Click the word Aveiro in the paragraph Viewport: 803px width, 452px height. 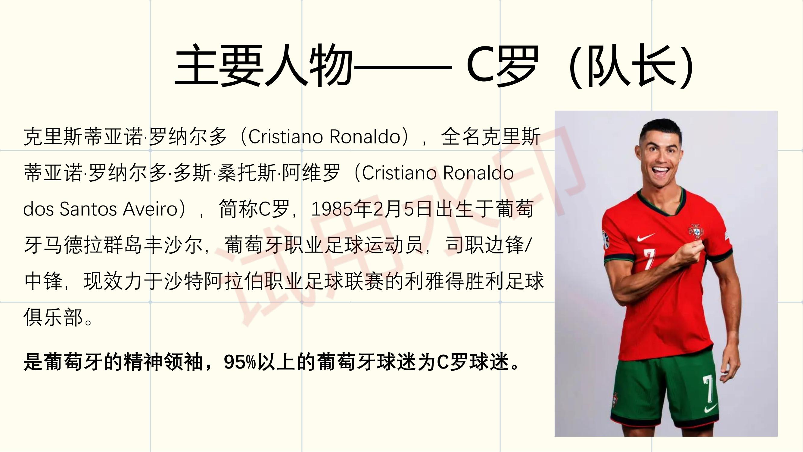150,209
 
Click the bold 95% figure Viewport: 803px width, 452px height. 240,362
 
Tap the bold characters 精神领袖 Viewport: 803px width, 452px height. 164,362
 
